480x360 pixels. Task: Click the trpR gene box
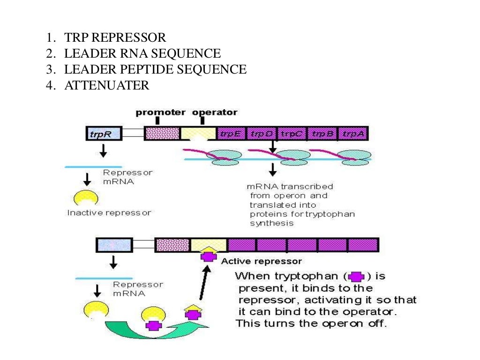click(103, 134)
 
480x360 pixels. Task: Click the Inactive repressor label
click(109, 213)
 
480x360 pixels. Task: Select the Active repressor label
click(261, 261)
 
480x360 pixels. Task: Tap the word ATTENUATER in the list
click(106, 85)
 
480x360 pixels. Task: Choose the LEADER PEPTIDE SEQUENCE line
click(155, 69)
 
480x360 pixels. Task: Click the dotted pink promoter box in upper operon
click(162, 134)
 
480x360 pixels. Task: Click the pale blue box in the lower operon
click(114, 245)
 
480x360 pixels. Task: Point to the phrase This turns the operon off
click(311, 323)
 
